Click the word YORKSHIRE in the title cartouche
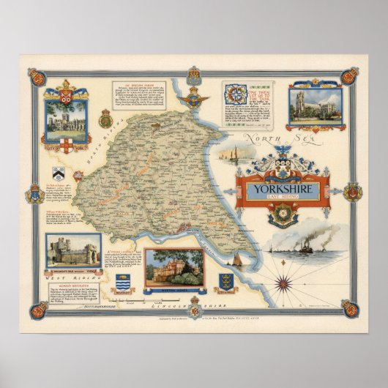click(x=281, y=189)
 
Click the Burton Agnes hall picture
click(x=174, y=267)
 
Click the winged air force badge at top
click(x=194, y=97)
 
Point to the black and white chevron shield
click(x=59, y=173)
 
